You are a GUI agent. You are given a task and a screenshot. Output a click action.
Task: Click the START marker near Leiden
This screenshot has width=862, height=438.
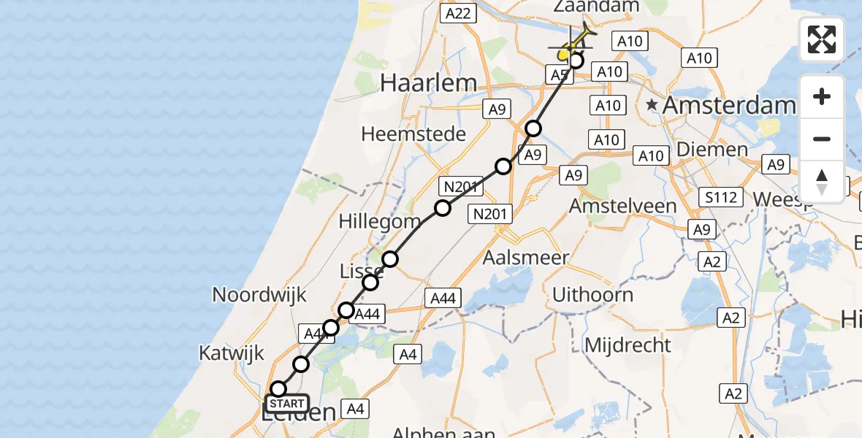(287, 404)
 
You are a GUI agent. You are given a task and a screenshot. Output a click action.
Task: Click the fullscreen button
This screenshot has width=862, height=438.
(822, 39)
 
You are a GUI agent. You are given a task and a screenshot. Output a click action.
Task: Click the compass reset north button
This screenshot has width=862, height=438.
(822, 181)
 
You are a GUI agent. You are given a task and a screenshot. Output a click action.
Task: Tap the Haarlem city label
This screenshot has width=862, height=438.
(428, 83)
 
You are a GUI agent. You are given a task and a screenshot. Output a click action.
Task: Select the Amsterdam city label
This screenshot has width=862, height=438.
(728, 105)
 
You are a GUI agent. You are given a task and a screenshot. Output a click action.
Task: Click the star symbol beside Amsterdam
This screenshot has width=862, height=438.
(652, 106)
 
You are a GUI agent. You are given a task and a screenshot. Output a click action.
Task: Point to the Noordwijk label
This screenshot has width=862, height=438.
(259, 294)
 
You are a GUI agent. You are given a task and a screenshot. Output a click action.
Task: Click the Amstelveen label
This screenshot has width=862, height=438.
(623, 206)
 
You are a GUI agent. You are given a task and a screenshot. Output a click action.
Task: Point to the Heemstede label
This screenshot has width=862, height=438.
(413, 134)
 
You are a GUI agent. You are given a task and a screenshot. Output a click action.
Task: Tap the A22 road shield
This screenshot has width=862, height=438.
(459, 12)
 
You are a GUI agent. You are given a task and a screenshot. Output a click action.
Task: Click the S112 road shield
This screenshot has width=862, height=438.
(720, 196)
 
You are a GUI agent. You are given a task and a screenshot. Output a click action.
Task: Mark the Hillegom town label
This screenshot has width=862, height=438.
(380, 220)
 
